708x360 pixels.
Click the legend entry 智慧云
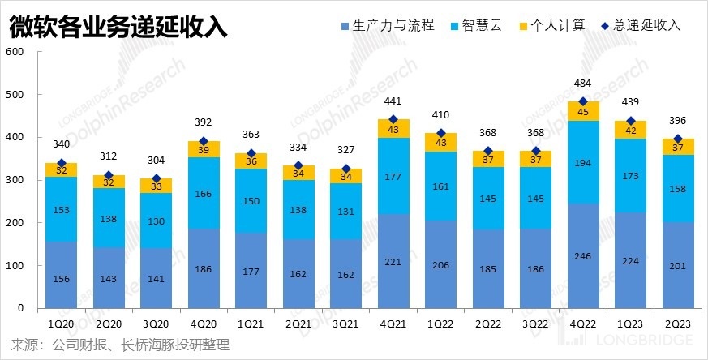click(478, 25)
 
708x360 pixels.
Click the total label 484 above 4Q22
click(583, 84)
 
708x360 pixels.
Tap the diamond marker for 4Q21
click(393, 120)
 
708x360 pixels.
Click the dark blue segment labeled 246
click(583, 255)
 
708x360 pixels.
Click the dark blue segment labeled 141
click(157, 278)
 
